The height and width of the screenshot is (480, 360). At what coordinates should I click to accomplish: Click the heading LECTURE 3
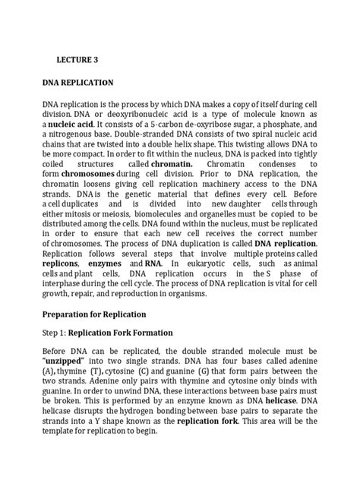pos(78,56)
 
